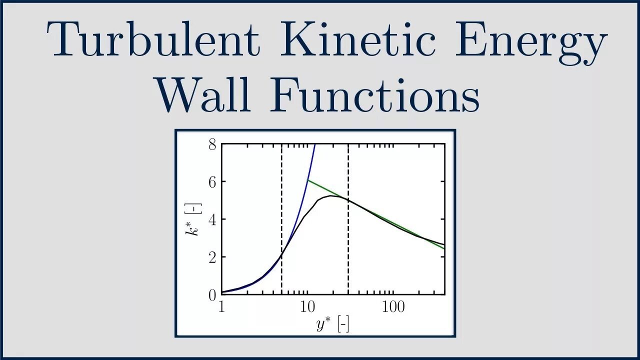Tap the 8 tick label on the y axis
tap(212, 145)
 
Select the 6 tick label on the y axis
tap(212, 182)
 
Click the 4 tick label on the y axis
tap(212, 219)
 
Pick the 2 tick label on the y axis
tap(212, 257)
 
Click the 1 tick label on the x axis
tap(222, 306)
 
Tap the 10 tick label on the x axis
tap(307, 306)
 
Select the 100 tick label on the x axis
tap(393, 306)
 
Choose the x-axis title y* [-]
tap(332, 325)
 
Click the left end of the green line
tap(307, 180)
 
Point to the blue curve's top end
tap(314, 144)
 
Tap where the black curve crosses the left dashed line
tap(281, 255)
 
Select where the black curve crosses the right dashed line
tap(348, 200)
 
